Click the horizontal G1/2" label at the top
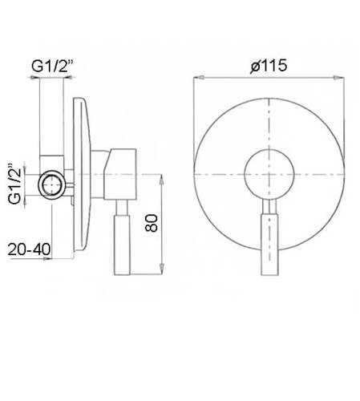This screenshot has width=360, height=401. (52, 66)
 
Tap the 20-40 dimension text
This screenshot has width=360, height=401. (29, 249)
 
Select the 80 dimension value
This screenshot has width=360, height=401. (152, 223)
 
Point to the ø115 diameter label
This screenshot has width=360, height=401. (269, 66)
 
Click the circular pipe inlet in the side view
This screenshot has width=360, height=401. (51, 184)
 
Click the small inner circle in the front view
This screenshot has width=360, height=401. (269, 174)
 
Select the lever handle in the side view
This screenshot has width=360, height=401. (122, 245)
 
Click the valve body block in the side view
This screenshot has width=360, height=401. (120, 174)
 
